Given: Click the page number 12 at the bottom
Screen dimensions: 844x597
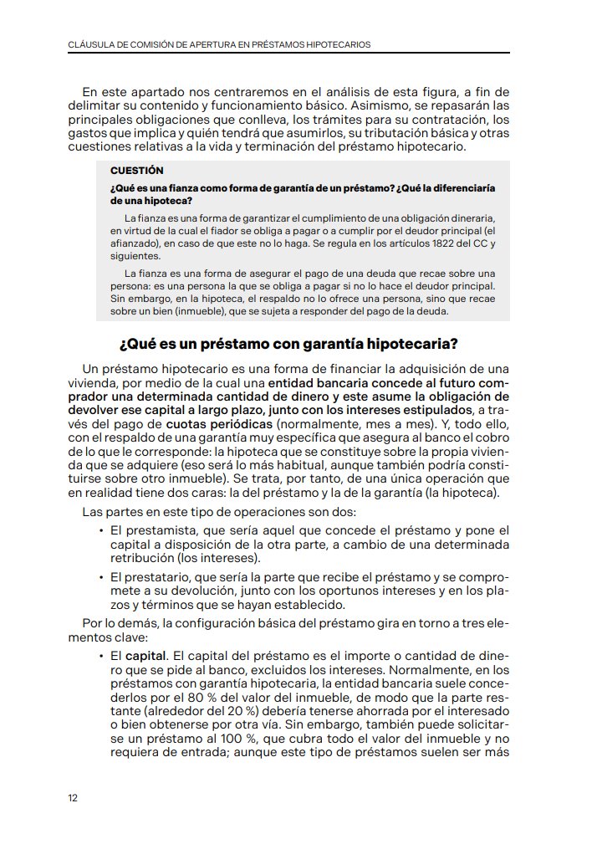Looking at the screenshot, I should [73, 797].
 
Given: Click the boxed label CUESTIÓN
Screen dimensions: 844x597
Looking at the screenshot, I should [136, 170].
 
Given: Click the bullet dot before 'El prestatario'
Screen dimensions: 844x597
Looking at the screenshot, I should [100, 577].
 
